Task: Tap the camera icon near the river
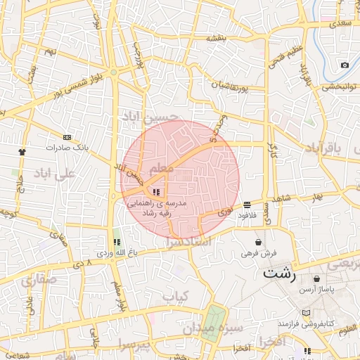coord(345,65)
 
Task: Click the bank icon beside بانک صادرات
coord(67,137)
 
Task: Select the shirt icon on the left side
coord(22,151)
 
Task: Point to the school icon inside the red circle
coord(155,191)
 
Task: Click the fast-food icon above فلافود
coord(247,205)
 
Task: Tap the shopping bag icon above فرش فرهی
coord(259,242)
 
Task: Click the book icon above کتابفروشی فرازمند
coord(304,313)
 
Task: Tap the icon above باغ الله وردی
coord(117,242)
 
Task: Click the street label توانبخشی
coord(340,88)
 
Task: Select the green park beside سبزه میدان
coord(216,319)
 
